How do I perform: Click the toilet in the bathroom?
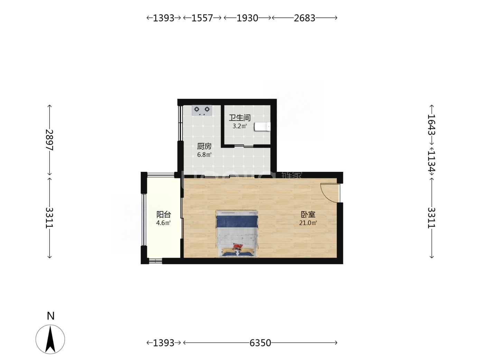coord(262,127)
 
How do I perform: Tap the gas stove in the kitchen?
coord(202,110)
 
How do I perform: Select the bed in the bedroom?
coord(237,234)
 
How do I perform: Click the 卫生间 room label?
coord(240,118)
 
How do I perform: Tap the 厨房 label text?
coord(204,146)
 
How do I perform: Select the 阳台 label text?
coord(164,214)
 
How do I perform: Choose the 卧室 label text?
coord(308,214)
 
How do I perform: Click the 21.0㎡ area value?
coord(308,223)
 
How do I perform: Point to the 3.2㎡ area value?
coord(240,126)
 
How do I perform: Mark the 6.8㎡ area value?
coord(204,155)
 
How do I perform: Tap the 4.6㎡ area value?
coord(164,223)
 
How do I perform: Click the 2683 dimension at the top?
coord(305,18)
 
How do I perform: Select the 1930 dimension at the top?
coord(247,18)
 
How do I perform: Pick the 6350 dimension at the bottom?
coord(260,343)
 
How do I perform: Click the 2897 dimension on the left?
coord(50,140)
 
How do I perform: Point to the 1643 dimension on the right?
coord(431,125)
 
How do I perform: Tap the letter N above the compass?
coord(51,316)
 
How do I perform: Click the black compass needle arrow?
coord(50,339)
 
